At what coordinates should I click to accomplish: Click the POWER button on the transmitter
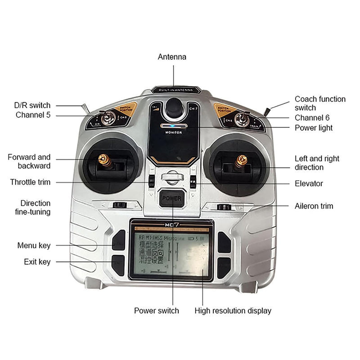[x=171, y=198]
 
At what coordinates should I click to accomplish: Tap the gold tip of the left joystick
[x=104, y=158]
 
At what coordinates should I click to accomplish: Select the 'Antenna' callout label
[x=172, y=57]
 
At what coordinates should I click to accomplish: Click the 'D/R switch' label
[x=32, y=105]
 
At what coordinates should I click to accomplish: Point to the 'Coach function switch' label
[x=320, y=103]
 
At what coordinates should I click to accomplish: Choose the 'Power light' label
[x=314, y=128]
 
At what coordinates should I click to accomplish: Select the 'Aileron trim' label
[x=314, y=206]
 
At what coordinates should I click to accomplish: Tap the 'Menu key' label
[x=34, y=246]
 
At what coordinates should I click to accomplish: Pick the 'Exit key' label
[x=37, y=261]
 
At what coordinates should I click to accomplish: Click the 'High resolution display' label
[x=233, y=310]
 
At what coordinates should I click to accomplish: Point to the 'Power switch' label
[x=157, y=310]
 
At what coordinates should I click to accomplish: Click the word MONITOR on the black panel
[x=173, y=133]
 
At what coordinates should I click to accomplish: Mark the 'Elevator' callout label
[x=309, y=184]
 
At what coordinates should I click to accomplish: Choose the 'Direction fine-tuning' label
[x=36, y=207]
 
